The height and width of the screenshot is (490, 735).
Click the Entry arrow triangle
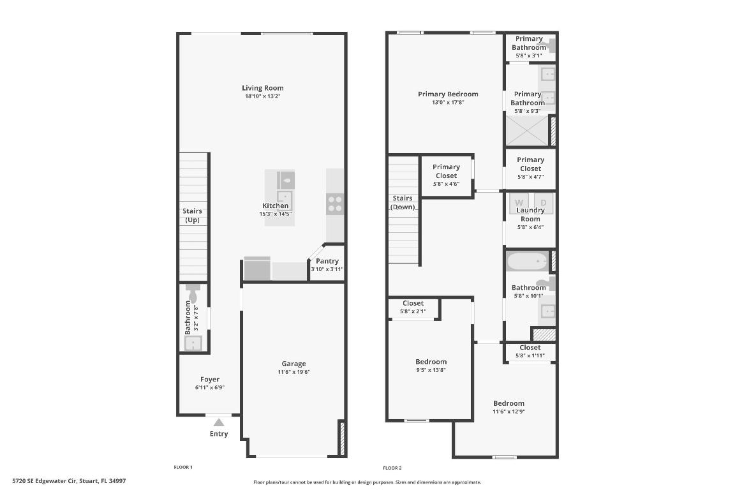(x=219, y=422)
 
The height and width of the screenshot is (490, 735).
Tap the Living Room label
(x=262, y=88)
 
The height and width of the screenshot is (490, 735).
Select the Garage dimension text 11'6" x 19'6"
(x=293, y=372)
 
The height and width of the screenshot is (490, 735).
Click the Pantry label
(x=327, y=261)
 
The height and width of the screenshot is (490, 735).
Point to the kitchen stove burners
(x=335, y=204)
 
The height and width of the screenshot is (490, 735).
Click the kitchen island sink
(x=285, y=181)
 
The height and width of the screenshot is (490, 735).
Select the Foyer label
(x=210, y=379)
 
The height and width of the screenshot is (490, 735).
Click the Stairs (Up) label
(x=192, y=216)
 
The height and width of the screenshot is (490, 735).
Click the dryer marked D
(x=544, y=202)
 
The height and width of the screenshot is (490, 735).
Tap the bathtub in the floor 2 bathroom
(x=527, y=262)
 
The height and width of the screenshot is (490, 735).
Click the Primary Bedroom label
(x=448, y=94)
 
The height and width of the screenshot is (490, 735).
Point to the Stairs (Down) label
(x=403, y=202)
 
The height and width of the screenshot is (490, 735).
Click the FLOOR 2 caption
(x=392, y=468)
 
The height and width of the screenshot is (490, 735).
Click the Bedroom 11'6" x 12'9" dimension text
(x=509, y=412)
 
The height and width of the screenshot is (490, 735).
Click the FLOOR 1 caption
(x=183, y=468)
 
